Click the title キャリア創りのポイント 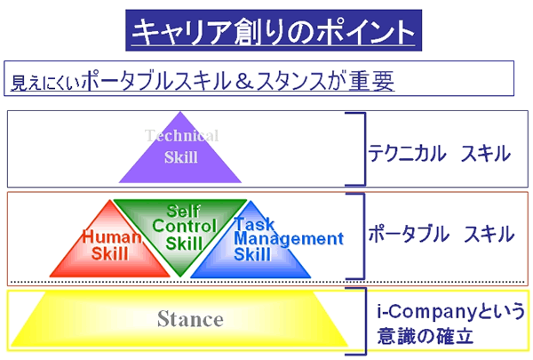click(x=274, y=31)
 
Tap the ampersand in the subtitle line click(x=243, y=81)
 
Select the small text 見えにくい click(x=46, y=83)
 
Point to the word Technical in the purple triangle click(x=181, y=135)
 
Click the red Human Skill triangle click(x=110, y=245)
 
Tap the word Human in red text click(x=112, y=236)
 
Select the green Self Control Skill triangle click(x=180, y=231)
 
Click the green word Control click(x=184, y=226)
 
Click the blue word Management click(x=289, y=238)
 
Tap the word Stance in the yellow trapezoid click(x=190, y=319)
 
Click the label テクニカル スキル click(x=440, y=153)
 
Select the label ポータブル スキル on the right click(x=442, y=234)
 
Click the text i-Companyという click(x=450, y=312)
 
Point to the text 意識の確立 click(x=425, y=336)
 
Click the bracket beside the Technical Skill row click(x=365, y=149)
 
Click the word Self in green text click(x=184, y=211)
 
